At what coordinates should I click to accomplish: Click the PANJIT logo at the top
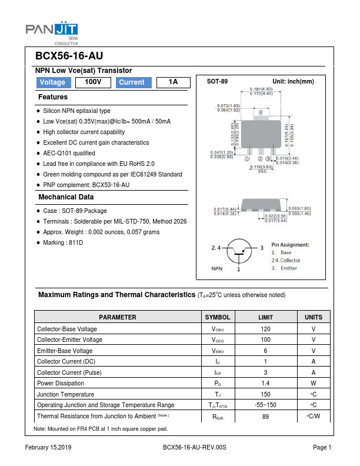pyautogui.click(x=52, y=30)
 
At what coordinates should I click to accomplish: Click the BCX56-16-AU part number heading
pyautogui.click(x=69, y=56)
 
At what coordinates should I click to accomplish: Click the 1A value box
pyautogui.click(x=173, y=82)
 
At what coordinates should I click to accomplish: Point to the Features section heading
pyautogui.click(x=53, y=97)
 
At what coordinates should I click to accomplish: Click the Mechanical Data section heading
pyautogui.click(x=66, y=197)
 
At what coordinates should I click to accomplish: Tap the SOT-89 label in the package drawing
pyautogui.click(x=217, y=81)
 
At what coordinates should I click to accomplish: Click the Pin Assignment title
pyautogui.click(x=290, y=244)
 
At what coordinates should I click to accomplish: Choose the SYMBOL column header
pyautogui.click(x=217, y=317)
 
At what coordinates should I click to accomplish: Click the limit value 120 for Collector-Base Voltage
pyautogui.click(x=265, y=329)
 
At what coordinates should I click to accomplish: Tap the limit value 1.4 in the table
pyautogui.click(x=265, y=383)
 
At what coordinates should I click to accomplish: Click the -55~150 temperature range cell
pyautogui.click(x=265, y=405)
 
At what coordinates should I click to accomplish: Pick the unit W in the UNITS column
pyautogui.click(x=313, y=383)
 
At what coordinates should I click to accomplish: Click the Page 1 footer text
pyautogui.click(x=322, y=448)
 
